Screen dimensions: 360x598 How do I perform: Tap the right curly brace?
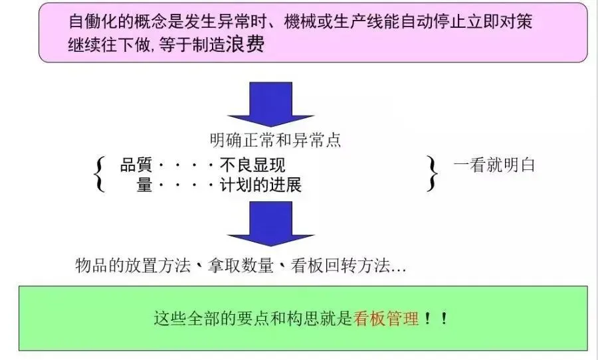pyautogui.click(x=433, y=174)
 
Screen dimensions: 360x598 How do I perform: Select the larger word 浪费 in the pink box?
pyautogui.click(x=246, y=46)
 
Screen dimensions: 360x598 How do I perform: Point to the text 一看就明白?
pyautogui.click(x=495, y=165)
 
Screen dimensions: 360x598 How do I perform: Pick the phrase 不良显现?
pyautogui.click(x=252, y=166)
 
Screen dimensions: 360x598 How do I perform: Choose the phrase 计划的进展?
pyautogui.click(x=260, y=185)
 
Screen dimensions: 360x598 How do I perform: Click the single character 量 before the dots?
pyautogui.click(x=145, y=185)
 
